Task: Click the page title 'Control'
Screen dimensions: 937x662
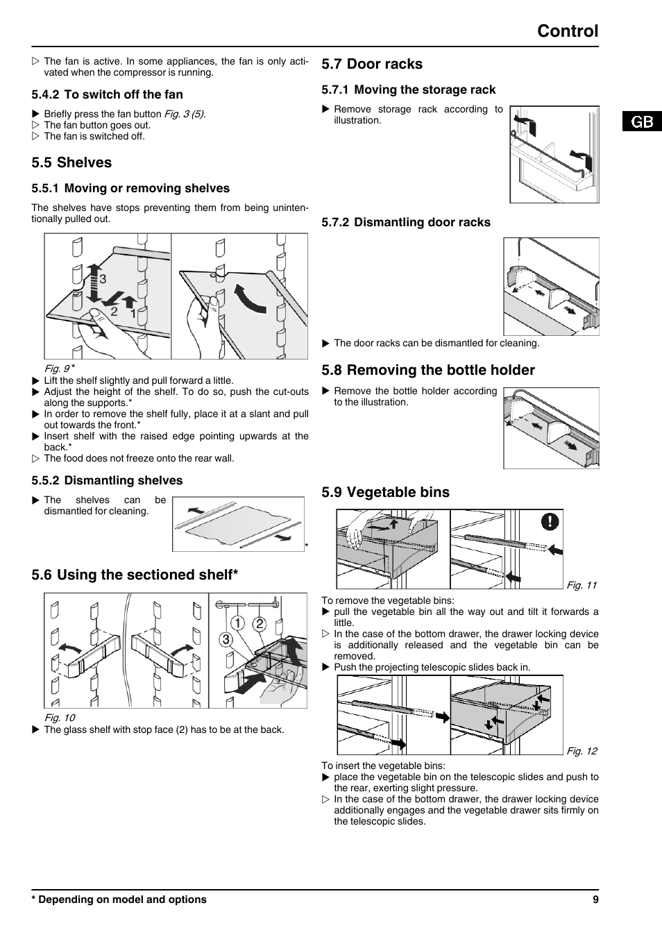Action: tap(567, 31)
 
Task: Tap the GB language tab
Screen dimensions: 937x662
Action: tap(642, 121)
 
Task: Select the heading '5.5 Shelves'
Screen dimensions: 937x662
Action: tap(71, 162)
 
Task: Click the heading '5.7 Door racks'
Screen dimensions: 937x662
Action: tap(372, 64)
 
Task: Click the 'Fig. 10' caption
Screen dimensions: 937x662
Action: tap(60, 718)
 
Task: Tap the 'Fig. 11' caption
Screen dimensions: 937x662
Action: tap(582, 585)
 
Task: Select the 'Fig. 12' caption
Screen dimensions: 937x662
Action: tap(582, 751)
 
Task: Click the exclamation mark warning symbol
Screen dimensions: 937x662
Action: tap(550, 521)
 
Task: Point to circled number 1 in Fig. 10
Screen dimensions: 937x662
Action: tap(239, 623)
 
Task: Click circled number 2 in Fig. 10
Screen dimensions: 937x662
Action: tap(260, 623)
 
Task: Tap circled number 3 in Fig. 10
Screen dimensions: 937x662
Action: tap(226, 639)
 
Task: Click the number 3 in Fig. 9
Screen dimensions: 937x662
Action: tap(103, 279)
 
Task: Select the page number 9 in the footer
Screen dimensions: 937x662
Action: tap(595, 900)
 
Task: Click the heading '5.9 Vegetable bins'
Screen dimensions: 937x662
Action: tap(385, 492)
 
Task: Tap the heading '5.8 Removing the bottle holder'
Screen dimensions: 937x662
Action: tap(428, 370)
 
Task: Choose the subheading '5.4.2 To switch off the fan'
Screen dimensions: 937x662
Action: tap(107, 94)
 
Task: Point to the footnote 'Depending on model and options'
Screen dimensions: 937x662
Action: tap(122, 900)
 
